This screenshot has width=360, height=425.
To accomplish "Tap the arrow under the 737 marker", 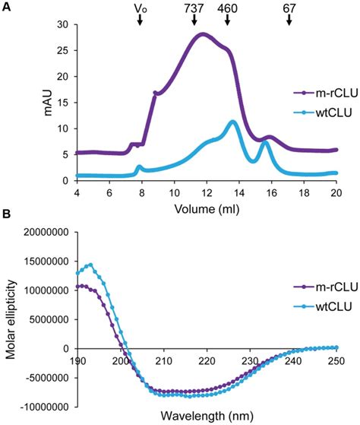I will [x=194, y=21].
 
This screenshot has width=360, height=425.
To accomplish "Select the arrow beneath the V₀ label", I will [x=140, y=21].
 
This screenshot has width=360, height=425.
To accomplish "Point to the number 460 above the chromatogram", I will [x=226, y=8].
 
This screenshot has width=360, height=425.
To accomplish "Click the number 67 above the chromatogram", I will [x=289, y=8].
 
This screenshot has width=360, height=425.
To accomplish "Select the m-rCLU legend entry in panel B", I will [x=319, y=309].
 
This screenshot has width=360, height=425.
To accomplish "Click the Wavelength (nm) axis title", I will [x=207, y=417].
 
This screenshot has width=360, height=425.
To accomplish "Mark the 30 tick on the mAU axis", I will [x=64, y=24].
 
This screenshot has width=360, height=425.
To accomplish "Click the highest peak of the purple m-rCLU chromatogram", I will [x=201, y=33].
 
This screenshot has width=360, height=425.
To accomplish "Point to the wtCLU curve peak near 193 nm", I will [x=90, y=265].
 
